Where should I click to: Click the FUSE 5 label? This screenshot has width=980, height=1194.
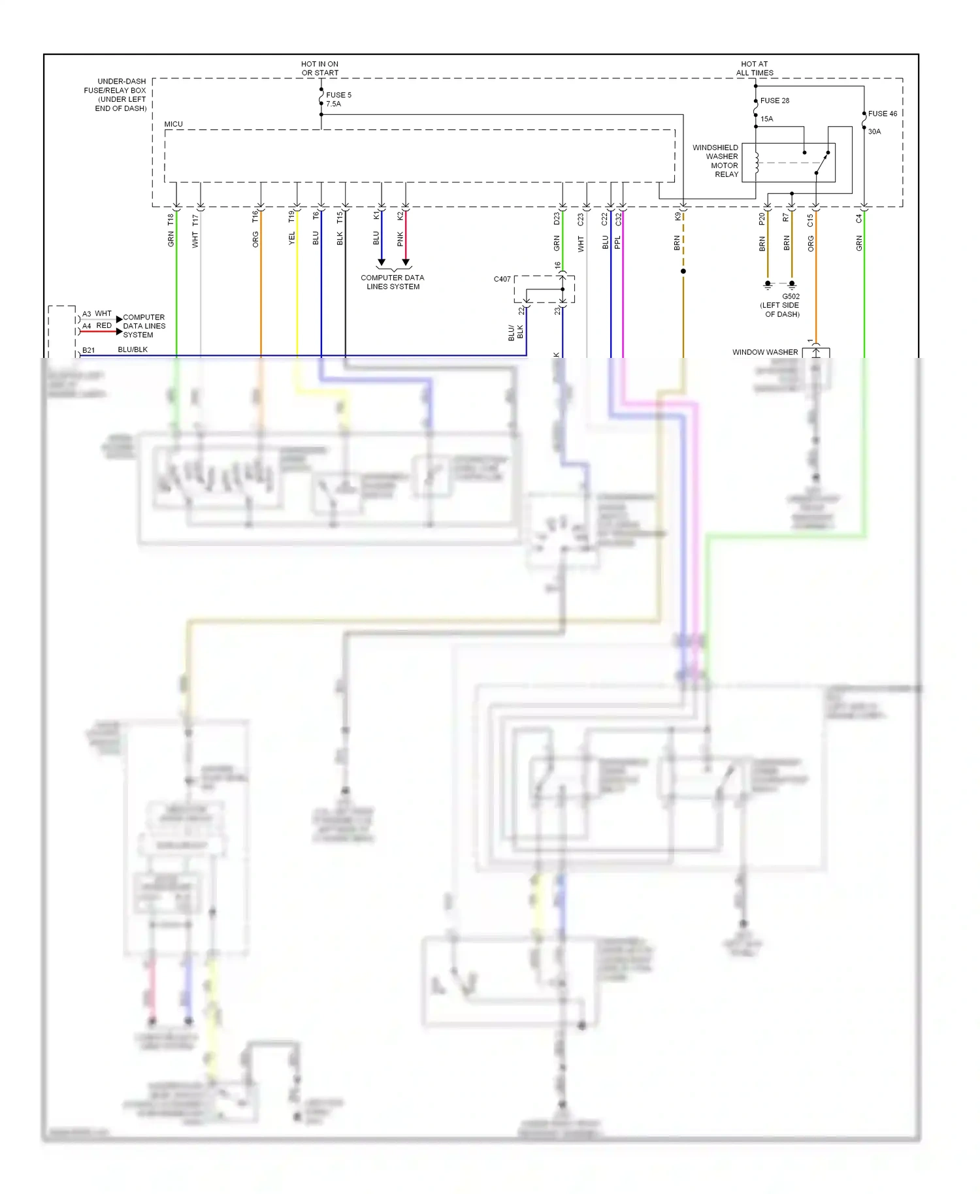click(x=338, y=95)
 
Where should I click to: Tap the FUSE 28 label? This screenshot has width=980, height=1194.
click(x=774, y=101)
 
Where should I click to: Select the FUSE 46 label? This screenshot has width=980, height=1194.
click(x=882, y=114)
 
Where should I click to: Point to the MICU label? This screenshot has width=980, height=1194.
click(x=173, y=124)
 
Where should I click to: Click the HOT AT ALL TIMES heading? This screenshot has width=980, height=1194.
click(x=755, y=69)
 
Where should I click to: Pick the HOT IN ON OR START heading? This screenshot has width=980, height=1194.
click(x=319, y=69)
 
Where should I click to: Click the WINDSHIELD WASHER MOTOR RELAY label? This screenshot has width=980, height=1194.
click(x=716, y=161)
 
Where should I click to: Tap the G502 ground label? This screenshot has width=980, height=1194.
click(x=791, y=297)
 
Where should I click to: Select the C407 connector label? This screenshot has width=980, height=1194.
click(x=502, y=279)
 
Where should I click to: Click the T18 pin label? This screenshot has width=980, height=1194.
click(x=171, y=219)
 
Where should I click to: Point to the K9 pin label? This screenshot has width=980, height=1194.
click(x=678, y=216)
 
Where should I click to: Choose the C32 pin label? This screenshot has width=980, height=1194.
click(x=618, y=219)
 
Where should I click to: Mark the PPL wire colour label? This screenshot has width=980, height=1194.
click(x=618, y=242)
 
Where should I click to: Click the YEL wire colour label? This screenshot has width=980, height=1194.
click(x=292, y=238)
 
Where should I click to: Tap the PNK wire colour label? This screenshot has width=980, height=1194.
click(x=400, y=239)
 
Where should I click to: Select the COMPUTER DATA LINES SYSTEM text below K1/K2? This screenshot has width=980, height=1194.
click(x=393, y=282)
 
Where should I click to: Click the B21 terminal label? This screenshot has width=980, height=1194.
click(x=88, y=350)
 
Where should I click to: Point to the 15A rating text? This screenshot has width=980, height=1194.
click(x=766, y=119)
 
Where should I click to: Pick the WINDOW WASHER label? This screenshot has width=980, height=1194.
click(x=764, y=352)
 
